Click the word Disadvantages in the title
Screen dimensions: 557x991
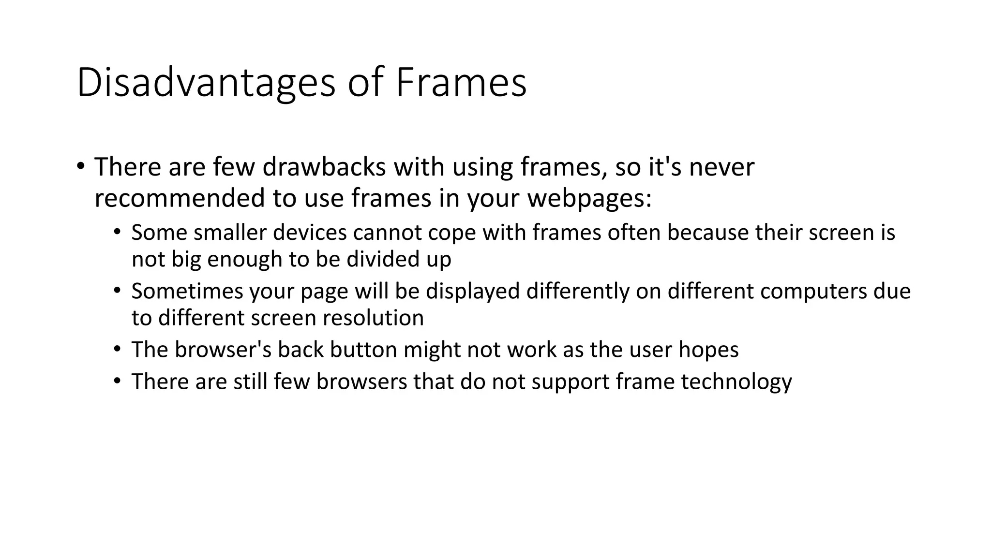tap(205, 83)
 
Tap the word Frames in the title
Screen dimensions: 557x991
tap(461, 83)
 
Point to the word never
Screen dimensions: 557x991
tap(721, 167)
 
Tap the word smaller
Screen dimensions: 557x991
tap(230, 233)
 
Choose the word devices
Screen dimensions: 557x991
tap(310, 233)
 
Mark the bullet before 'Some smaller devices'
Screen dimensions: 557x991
tap(117, 233)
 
